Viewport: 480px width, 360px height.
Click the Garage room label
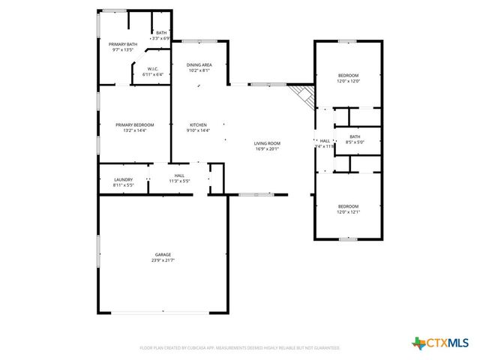coord(162,255)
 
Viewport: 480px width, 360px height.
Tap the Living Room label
coord(267,143)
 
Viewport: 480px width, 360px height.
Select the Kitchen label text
coord(198,124)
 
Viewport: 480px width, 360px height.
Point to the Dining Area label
coord(199,65)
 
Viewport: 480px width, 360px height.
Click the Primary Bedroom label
coord(135,124)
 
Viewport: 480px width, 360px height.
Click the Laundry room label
coord(124,179)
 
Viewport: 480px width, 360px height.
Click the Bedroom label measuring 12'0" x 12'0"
coord(348,76)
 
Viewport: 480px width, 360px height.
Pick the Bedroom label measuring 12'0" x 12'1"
coord(348,206)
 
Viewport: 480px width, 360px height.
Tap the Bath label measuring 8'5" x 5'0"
coord(354,136)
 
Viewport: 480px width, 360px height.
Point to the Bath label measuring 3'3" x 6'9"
coord(161,32)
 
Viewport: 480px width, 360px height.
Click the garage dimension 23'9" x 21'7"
coord(162,260)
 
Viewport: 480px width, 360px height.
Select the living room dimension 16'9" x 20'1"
coord(267,148)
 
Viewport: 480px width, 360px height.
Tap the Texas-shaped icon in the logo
coord(418,343)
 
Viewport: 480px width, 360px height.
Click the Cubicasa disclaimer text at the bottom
coord(239,348)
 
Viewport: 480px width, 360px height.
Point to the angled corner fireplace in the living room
coord(303,95)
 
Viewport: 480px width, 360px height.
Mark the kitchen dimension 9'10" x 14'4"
coord(198,130)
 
